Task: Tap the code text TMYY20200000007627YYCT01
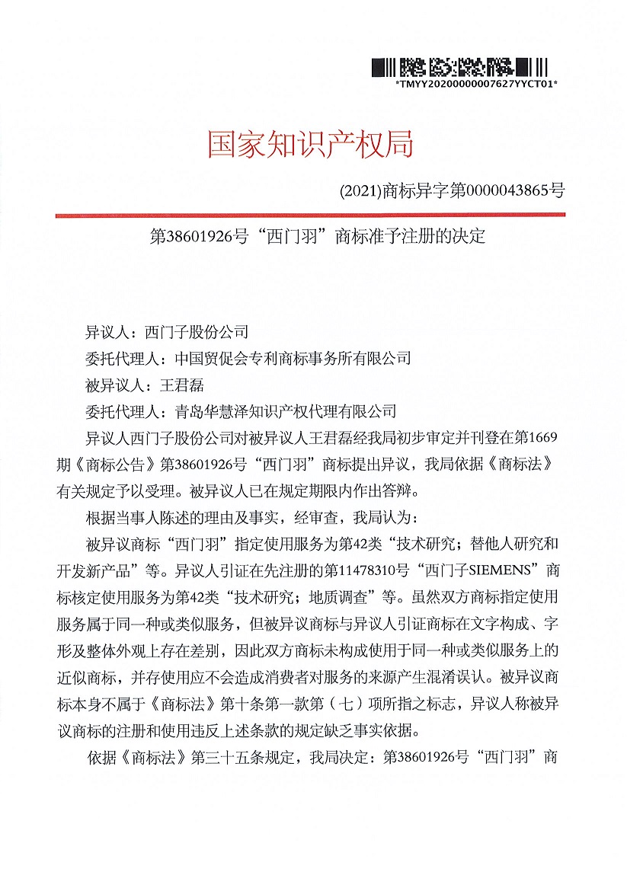point(477,84)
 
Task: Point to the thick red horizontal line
point(310,216)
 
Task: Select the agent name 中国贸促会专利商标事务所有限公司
point(293,357)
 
